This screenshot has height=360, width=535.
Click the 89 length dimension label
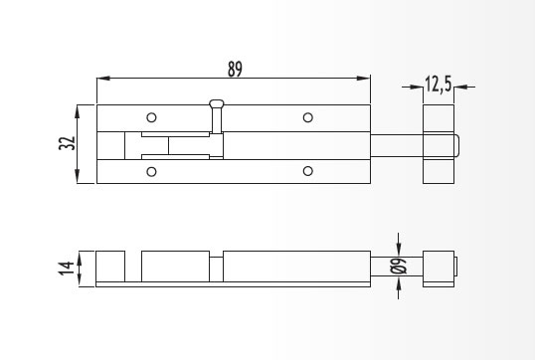point(235,69)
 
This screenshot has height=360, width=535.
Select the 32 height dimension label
point(67,143)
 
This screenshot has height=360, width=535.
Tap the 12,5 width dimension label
point(439,85)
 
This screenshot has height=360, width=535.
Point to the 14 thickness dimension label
point(67,269)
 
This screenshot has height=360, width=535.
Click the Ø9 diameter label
point(398,266)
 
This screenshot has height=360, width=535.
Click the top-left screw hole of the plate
point(151,117)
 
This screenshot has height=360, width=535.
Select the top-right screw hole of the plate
point(307,117)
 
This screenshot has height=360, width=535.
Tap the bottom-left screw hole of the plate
point(151,171)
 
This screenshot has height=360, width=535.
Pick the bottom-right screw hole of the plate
point(307,171)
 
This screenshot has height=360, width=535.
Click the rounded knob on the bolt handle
point(217,103)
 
